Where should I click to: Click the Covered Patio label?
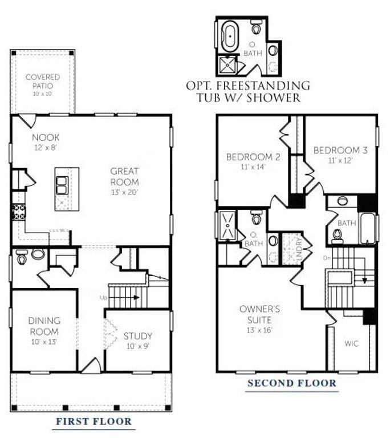(x=43, y=81)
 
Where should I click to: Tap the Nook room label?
(x=46, y=137)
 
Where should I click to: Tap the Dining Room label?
(x=44, y=325)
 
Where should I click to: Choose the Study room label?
(x=138, y=336)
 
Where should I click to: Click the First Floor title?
(x=94, y=423)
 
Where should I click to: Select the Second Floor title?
(x=291, y=383)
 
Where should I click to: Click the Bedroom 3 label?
(x=340, y=151)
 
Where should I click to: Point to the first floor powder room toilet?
(x=22, y=257)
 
